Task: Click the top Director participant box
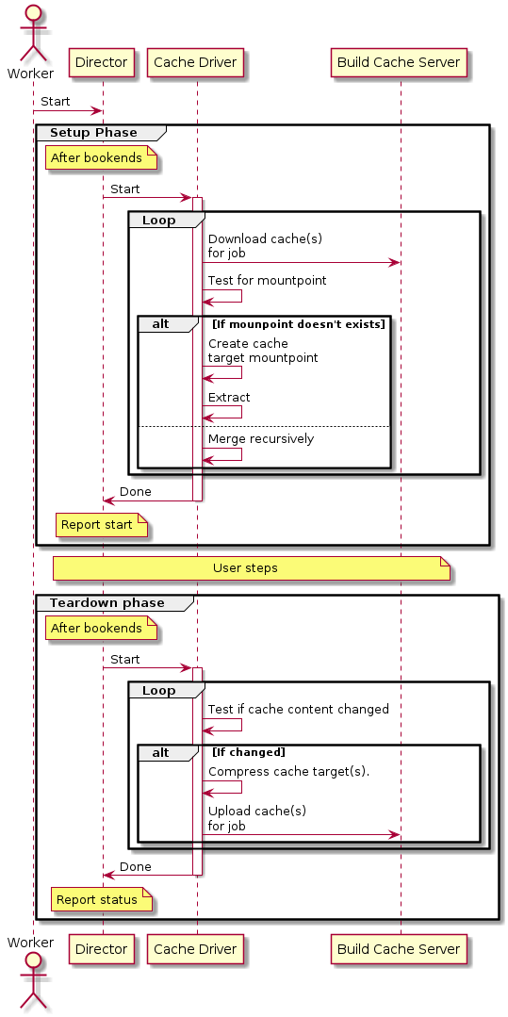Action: pyautogui.click(x=101, y=63)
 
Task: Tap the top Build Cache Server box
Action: pyautogui.click(x=399, y=63)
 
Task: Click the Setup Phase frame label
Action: pyautogui.click(x=93, y=133)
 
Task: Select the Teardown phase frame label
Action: pyautogui.click(x=107, y=603)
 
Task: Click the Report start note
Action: pyautogui.click(x=102, y=525)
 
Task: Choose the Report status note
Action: pyautogui.click(x=104, y=900)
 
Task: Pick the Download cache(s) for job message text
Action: pyautogui.click(x=265, y=245)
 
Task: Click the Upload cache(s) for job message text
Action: pyautogui.click(x=257, y=818)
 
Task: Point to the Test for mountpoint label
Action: pyautogui.click(x=267, y=281)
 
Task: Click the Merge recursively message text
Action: pyautogui.click(x=261, y=439)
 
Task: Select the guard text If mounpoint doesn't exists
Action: pyautogui.click(x=299, y=323)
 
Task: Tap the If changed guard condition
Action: pyautogui.click(x=249, y=752)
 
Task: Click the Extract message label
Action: pyautogui.click(x=229, y=397)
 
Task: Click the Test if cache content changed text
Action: pyautogui.click(x=299, y=709)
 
